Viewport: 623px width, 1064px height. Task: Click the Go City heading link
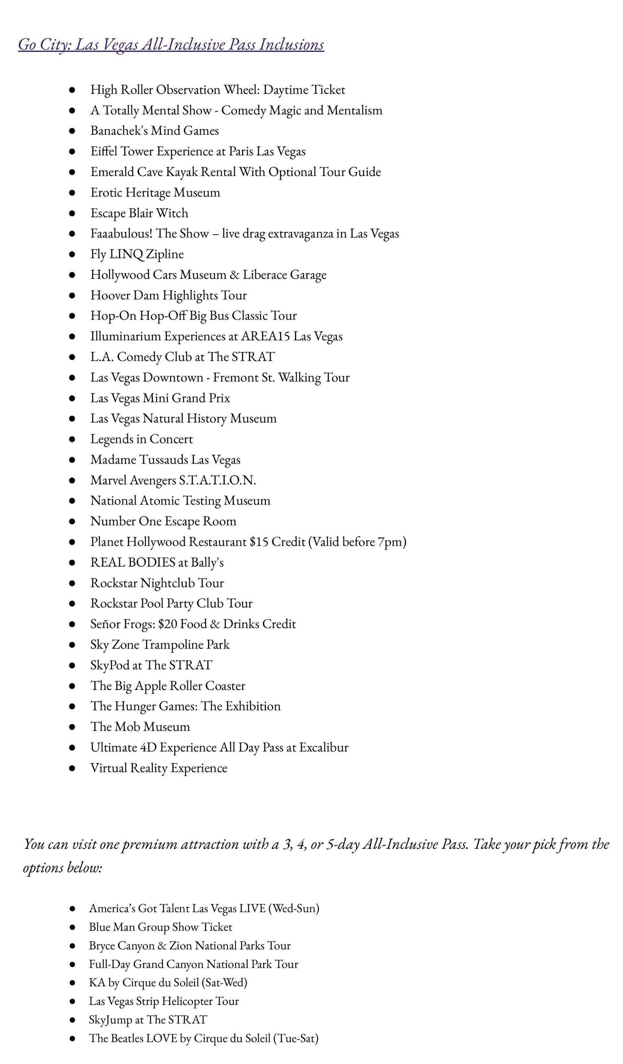171,44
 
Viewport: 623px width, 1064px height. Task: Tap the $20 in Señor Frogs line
167,624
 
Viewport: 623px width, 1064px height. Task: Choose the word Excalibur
324,747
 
